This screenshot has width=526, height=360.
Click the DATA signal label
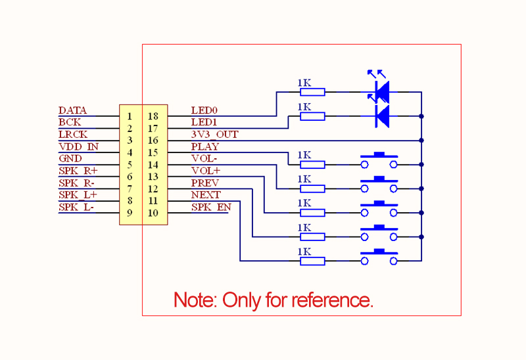pyautogui.click(x=72, y=111)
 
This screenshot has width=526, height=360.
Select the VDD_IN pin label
pyautogui.click(x=78, y=146)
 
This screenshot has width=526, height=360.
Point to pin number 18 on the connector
pyautogui.click(x=153, y=116)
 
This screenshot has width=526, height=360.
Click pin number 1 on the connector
pyautogui.click(x=130, y=116)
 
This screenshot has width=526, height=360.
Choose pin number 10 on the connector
pyautogui.click(x=153, y=213)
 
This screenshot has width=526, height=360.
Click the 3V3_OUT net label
pyautogui.click(x=214, y=135)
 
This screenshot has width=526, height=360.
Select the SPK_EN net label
pyautogui.click(x=211, y=207)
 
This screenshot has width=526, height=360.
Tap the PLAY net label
pyautogui.click(x=204, y=146)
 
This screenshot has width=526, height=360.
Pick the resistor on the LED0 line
pyautogui.click(x=312, y=92)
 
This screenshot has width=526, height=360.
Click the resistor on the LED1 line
pyautogui.click(x=312, y=116)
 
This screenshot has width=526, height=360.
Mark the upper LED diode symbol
pyautogui.click(x=381, y=91)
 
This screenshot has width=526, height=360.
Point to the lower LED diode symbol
pyautogui.click(x=381, y=115)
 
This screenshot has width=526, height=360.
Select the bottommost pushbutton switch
pyautogui.click(x=379, y=258)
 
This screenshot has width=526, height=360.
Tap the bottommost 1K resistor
pyautogui.click(x=312, y=261)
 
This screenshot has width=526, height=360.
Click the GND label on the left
pyautogui.click(x=70, y=158)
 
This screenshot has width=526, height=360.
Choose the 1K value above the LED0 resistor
pyautogui.click(x=304, y=83)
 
